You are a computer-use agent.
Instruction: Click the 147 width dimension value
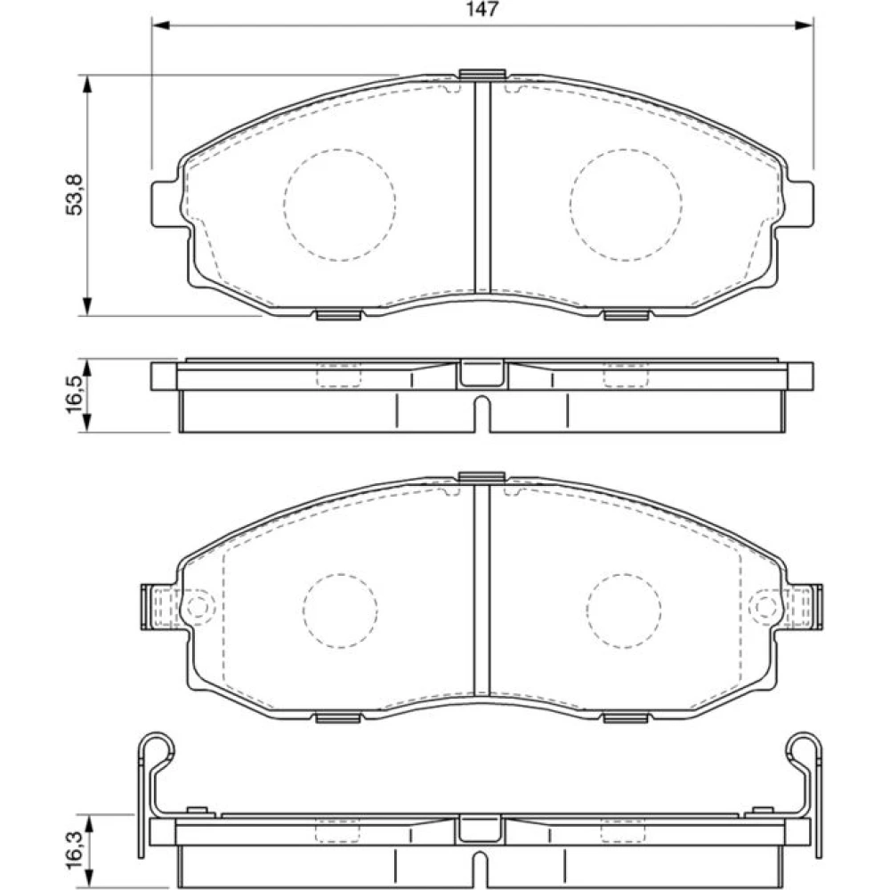tap(481, 9)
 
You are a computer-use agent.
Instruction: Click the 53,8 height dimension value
tap(75, 195)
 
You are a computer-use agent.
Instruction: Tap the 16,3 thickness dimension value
tap(75, 850)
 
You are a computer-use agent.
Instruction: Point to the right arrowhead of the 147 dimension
tap(804, 25)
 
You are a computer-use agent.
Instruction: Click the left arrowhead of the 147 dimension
tap(162, 25)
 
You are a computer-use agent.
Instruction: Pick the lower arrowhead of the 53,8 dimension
tap(87, 306)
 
